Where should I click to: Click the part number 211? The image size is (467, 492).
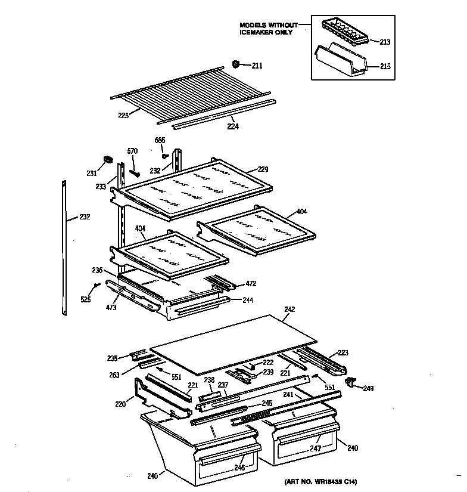tap(257, 66)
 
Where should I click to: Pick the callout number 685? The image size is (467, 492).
tap(160, 141)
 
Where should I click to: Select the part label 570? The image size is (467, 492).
tap(132, 151)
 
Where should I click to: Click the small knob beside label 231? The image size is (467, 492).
tap(108, 160)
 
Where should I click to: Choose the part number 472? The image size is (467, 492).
tap(252, 284)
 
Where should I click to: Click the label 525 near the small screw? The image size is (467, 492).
tap(86, 299)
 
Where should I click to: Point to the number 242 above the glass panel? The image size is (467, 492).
tap(289, 310)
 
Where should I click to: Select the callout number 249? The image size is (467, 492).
tap(369, 389)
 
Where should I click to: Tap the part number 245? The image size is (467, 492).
tap(267, 403)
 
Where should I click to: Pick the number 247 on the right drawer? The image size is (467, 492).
tap(315, 448)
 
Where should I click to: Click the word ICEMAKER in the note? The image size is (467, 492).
tap(258, 32)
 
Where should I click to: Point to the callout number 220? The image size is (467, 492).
tap(120, 404)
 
